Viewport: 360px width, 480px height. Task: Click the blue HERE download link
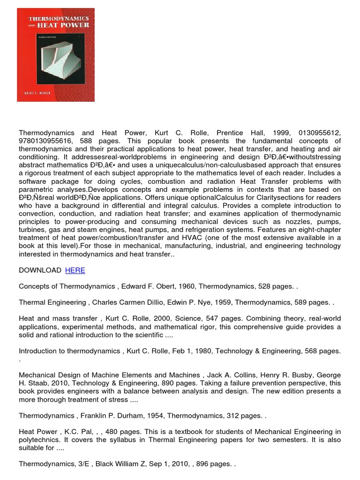click(x=75, y=270)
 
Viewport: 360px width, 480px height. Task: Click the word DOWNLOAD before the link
click(x=40, y=270)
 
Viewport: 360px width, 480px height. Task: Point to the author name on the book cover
click(x=36, y=93)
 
